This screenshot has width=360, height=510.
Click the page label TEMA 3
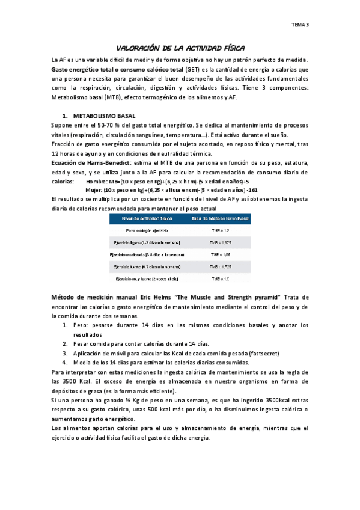pos(300,25)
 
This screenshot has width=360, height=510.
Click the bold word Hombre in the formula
pos(97,181)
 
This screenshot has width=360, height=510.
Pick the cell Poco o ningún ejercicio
pos(147,230)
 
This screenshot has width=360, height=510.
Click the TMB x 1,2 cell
pos(219,230)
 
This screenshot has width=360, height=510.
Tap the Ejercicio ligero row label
pos(147,242)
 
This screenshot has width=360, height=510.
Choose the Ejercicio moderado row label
pos(147,254)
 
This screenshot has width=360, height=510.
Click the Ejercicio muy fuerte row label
pos(147,279)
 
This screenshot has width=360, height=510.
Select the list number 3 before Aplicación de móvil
pos(65,353)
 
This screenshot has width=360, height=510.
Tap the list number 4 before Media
pos(65,362)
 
